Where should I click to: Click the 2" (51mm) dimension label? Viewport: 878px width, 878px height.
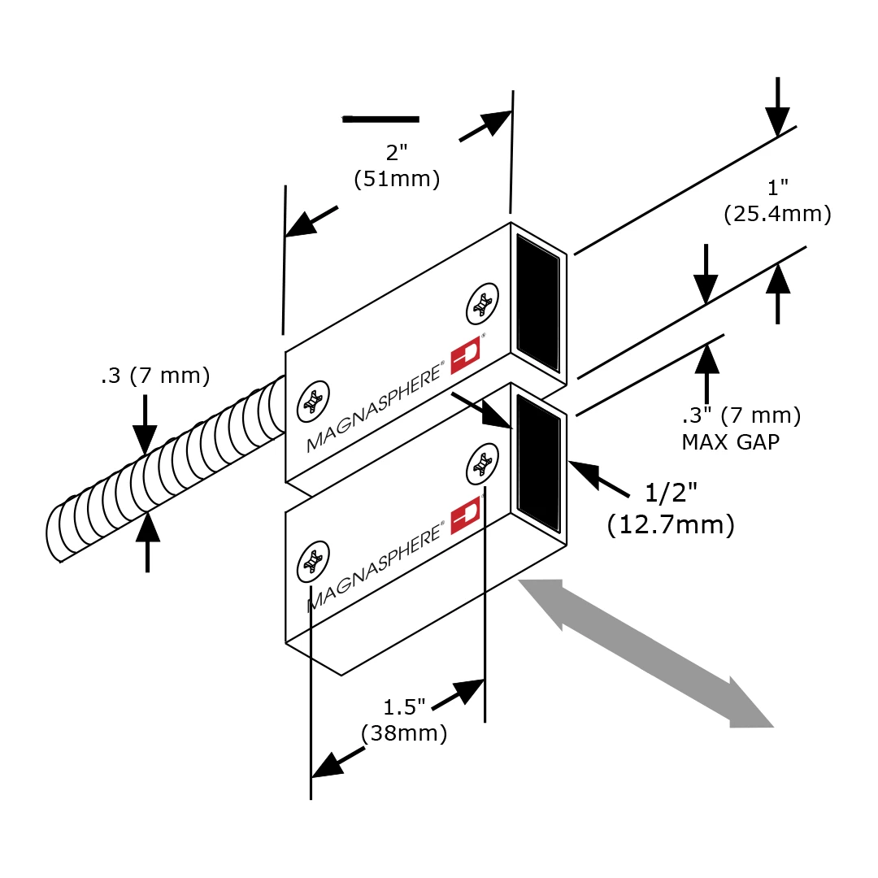click(398, 166)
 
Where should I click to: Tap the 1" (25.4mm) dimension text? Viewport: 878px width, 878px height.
click(777, 202)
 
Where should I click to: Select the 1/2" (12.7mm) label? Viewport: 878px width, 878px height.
click(671, 509)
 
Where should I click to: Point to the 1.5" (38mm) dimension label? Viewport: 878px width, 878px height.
click(405, 720)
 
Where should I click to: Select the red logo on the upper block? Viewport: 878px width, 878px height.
click(467, 357)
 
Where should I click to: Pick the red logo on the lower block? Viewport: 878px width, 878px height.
click(467, 514)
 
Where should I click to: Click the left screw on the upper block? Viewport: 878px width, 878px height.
click(312, 402)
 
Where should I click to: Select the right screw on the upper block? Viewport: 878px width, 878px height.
click(482, 306)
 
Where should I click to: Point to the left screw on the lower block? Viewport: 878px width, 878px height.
click(312, 560)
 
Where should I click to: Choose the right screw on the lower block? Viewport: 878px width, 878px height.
click(482, 464)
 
